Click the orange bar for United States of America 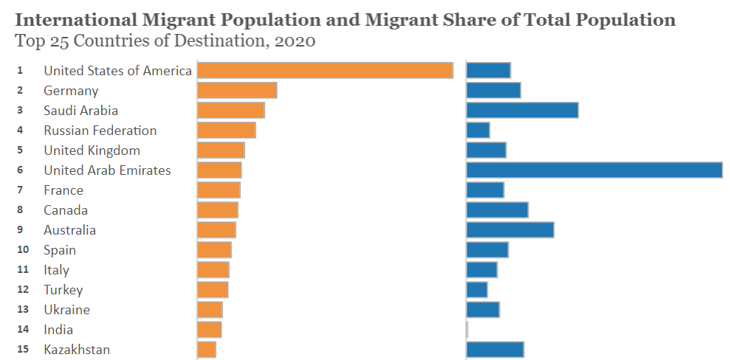point(325,70)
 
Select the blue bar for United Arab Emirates point(594,170)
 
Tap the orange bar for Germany point(237,90)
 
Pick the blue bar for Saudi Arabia point(522,110)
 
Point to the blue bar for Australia point(510,229)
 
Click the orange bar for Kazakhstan point(207,349)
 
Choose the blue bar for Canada point(497,210)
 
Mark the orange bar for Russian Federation point(227,130)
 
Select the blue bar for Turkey point(477,289)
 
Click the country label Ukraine point(66,310)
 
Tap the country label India point(58,330)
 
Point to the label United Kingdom point(92,150)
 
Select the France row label point(63,190)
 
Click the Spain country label point(60,250)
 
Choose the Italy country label point(56,270)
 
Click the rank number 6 point(21,170)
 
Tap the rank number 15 point(23,349)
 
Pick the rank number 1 point(21,70)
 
